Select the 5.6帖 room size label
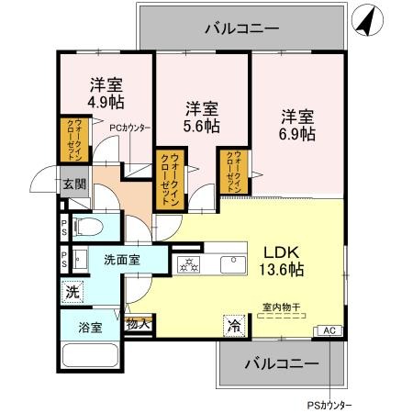(x=201, y=124)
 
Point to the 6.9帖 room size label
(x=297, y=134)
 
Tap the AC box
(x=328, y=330)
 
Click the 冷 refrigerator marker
(x=234, y=324)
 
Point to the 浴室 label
(x=76, y=325)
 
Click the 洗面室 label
(x=120, y=260)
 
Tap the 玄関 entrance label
(x=74, y=184)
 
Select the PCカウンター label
(x=130, y=128)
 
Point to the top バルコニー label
(x=240, y=29)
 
